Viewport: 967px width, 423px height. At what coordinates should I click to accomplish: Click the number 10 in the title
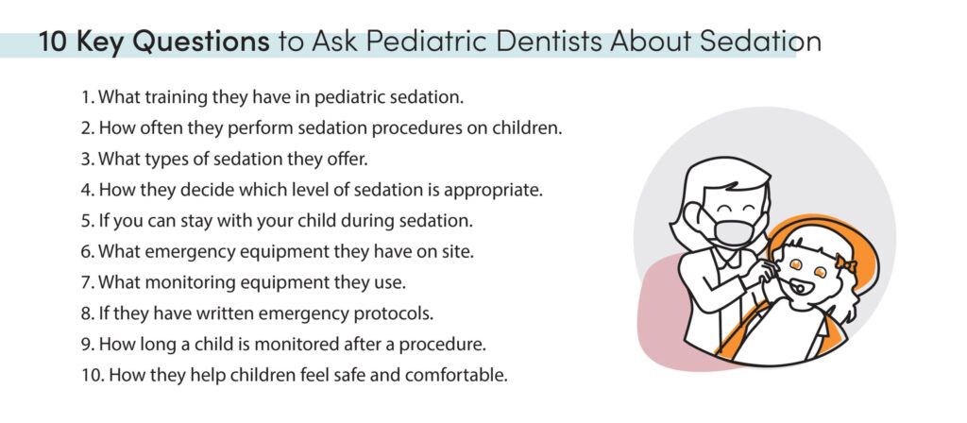(x=50, y=42)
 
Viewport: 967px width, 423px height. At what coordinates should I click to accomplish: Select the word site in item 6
(x=456, y=251)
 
